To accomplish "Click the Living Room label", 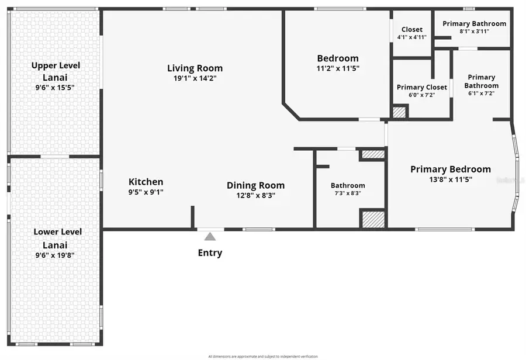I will pos(195,68).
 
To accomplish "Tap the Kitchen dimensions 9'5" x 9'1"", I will pos(146,192).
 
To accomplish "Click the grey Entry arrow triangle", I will pos(210,236).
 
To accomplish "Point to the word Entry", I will pos(210,253).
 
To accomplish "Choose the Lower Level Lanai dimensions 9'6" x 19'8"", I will pos(57,255).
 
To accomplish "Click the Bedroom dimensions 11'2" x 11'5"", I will pos(337,68).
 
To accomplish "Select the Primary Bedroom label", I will pos(450,169).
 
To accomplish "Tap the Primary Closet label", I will pos(421,88).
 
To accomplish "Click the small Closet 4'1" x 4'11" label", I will pos(411,30).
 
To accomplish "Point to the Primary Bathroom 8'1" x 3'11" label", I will pos(474,24).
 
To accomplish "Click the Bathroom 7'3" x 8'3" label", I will pos(348,185).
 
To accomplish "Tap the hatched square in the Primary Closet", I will pos(399,112).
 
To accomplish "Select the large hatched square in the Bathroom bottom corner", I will pos(373,220).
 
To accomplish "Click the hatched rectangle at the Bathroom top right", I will pos(373,154).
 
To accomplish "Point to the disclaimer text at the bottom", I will pos(262,356).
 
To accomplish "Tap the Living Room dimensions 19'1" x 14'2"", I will pos(195,78).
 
